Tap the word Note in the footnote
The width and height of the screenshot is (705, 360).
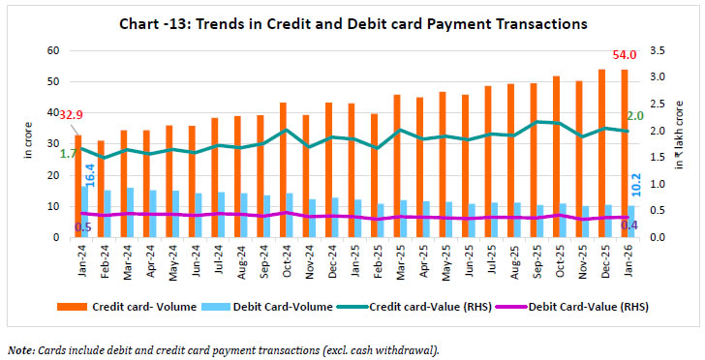click(x=21, y=348)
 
